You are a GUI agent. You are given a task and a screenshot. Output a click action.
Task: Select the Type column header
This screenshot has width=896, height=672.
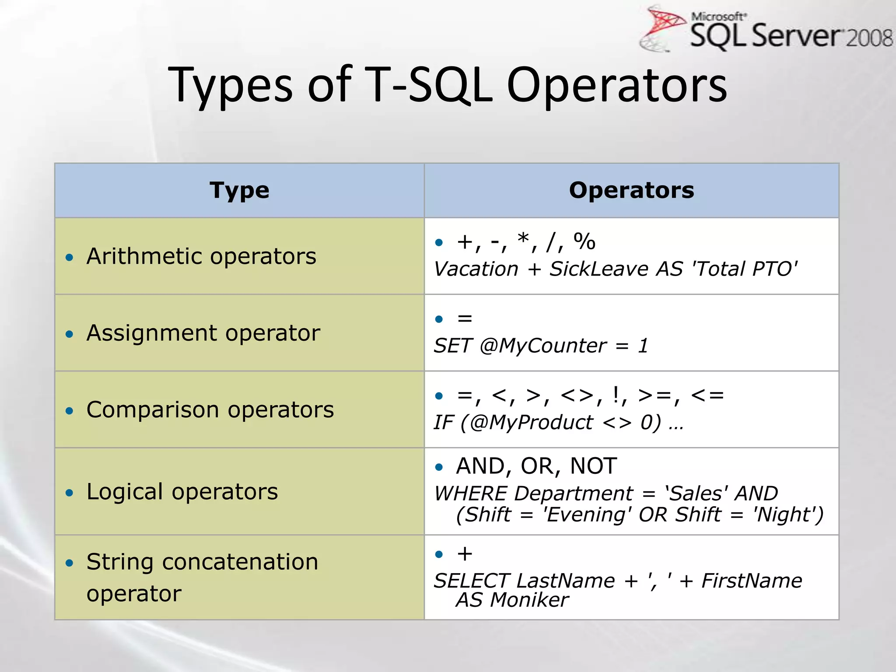pyautogui.click(x=239, y=190)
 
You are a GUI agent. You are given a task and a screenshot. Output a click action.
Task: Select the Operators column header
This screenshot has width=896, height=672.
pyautogui.click(x=631, y=190)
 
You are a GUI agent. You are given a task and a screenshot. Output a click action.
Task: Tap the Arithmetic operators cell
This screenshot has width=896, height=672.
pyautogui.click(x=201, y=256)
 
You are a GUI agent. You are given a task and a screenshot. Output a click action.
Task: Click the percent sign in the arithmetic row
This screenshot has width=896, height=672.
pyautogui.click(x=584, y=242)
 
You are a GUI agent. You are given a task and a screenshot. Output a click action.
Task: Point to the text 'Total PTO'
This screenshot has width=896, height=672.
pyautogui.click(x=744, y=269)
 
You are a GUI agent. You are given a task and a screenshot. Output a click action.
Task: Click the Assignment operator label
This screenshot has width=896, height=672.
pyautogui.click(x=203, y=333)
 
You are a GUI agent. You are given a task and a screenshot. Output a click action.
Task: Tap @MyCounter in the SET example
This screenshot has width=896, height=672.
pyautogui.click(x=542, y=346)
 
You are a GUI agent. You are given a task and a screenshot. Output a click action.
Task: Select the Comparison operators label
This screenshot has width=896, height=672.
pyautogui.click(x=210, y=410)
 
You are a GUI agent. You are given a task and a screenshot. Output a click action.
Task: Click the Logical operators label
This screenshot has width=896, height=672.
pyautogui.click(x=182, y=492)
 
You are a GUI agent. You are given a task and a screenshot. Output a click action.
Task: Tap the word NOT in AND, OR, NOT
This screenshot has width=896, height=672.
pyautogui.click(x=593, y=466)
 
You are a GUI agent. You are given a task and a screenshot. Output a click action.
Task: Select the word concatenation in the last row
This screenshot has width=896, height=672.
pyautogui.click(x=240, y=562)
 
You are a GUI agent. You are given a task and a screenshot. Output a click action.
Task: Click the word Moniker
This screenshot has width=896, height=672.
pyautogui.click(x=529, y=600)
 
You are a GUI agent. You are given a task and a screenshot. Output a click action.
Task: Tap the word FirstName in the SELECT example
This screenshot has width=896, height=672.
pyautogui.click(x=752, y=581)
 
